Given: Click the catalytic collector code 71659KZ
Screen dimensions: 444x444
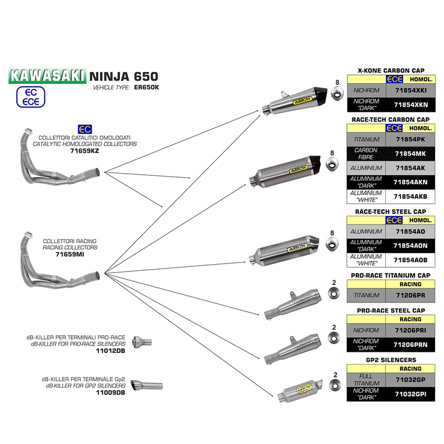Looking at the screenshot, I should [84, 150].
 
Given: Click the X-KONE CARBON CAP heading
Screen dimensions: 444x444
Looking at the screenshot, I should [391, 70].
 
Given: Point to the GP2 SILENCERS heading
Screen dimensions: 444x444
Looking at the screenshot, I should [391, 360].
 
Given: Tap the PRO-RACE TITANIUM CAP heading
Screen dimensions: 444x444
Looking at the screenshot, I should [391, 275].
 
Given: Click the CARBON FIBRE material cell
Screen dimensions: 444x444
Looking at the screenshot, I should [366, 153].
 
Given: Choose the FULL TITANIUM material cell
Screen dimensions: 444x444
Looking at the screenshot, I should [366, 380].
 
